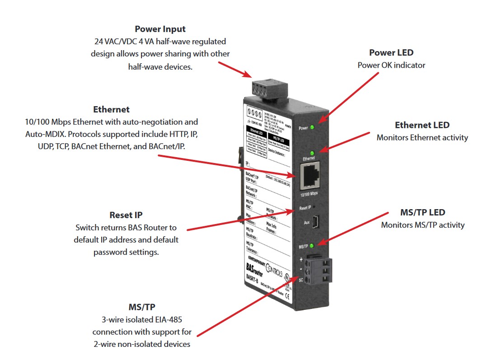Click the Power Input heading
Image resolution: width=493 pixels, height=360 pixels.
pos(160,29)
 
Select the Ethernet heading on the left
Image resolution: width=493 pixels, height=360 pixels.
pos(111,110)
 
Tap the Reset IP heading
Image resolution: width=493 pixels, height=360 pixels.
pos(126,215)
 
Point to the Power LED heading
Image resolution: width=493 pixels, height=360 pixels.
pos(391,53)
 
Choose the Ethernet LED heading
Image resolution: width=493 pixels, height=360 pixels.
pos(422,125)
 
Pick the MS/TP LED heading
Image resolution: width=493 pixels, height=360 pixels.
pos(423,212)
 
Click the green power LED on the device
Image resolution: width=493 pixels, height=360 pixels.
pos(311,127)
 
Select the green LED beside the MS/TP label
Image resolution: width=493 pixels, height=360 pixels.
pos(311,246)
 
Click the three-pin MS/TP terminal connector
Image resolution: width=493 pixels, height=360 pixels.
pos(317,269)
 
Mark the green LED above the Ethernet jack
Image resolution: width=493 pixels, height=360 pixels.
pos(311,152)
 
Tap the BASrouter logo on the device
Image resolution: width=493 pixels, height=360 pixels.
pos(253,271)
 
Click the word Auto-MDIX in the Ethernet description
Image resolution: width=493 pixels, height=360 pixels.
pos(42,134)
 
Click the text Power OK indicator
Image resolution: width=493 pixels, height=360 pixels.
pos(391,65)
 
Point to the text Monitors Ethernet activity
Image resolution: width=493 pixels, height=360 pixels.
pos(422,137)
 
